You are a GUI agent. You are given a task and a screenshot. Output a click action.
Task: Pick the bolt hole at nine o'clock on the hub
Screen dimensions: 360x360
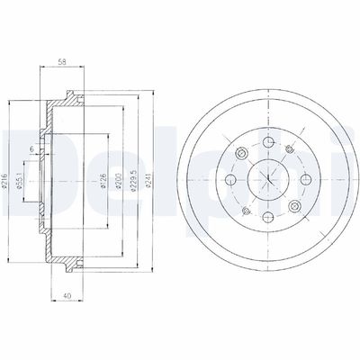(x=227, y=181)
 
